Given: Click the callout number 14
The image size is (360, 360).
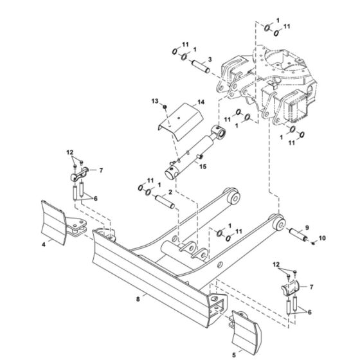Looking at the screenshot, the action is pos(201,102).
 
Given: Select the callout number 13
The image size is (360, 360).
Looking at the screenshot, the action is pos(155,101).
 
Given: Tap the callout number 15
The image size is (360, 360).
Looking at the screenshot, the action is pos(203,166).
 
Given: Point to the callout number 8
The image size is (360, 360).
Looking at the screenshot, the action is pos(138,299).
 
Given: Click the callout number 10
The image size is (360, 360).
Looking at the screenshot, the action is pos(322,238).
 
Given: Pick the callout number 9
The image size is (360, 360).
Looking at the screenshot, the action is pos(307,228).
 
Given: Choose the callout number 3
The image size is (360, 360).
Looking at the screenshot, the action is pos(210,59).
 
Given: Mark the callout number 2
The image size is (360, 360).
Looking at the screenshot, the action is pos(170,192).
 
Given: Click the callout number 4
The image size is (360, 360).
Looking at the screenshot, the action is pos(44,245).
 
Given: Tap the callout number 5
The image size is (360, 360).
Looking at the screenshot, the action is pos(234,355).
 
